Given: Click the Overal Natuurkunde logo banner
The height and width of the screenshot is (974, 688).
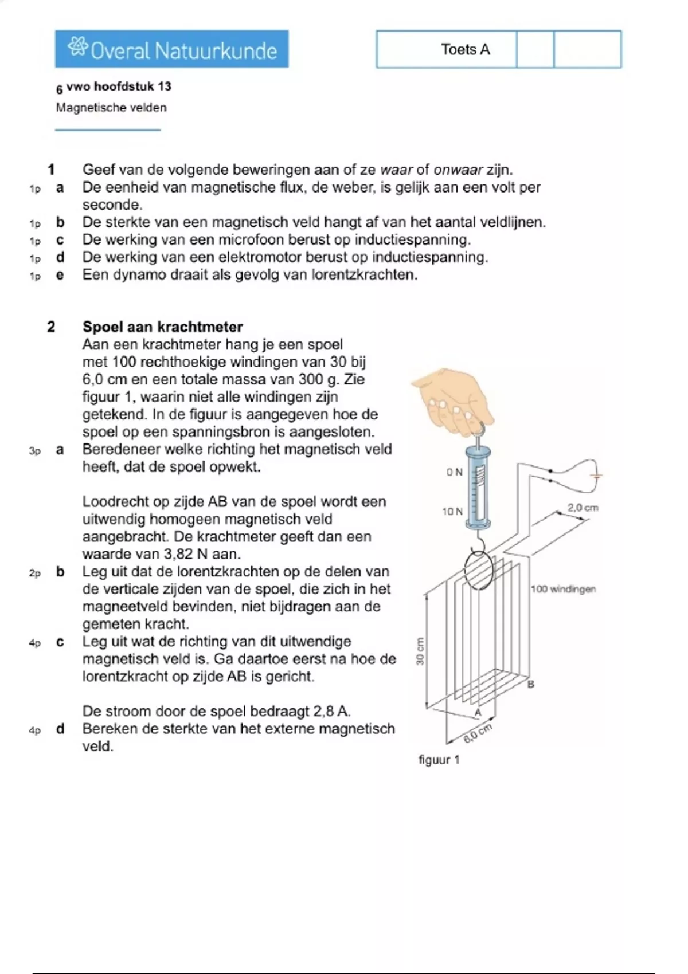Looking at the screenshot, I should click(x=172, y=49).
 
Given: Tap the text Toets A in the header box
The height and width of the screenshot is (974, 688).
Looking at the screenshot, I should click(x=465, y=50).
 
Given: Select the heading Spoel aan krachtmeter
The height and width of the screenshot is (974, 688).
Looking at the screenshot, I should click(x=163, y=327).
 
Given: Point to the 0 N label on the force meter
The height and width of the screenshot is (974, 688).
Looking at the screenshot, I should click(x=454, y=472).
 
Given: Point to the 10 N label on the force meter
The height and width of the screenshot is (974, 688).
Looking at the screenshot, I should click(x=452, y=511).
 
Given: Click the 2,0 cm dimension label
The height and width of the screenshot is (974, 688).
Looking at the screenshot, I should click(x=583, y=508).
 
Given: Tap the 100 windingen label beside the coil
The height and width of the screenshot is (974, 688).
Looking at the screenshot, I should click(x=563, y=588).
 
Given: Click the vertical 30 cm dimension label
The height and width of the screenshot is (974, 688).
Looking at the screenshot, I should click(x=420, y=651).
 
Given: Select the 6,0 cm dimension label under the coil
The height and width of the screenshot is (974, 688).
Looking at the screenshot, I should click(x=478, y=733).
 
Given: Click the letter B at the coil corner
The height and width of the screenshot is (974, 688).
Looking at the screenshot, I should click(x=531, y=684).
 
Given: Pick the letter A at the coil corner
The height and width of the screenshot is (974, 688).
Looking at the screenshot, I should click(x=478, y=712).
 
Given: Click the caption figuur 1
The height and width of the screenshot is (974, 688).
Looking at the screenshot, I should click(x=439, y=760).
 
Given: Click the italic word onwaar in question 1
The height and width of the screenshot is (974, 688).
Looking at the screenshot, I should click(x=458, y=170).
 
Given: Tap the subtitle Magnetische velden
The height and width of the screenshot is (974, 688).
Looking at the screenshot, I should click(x=111, y=108).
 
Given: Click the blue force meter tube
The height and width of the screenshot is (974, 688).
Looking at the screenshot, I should click(x=477, y=487).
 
